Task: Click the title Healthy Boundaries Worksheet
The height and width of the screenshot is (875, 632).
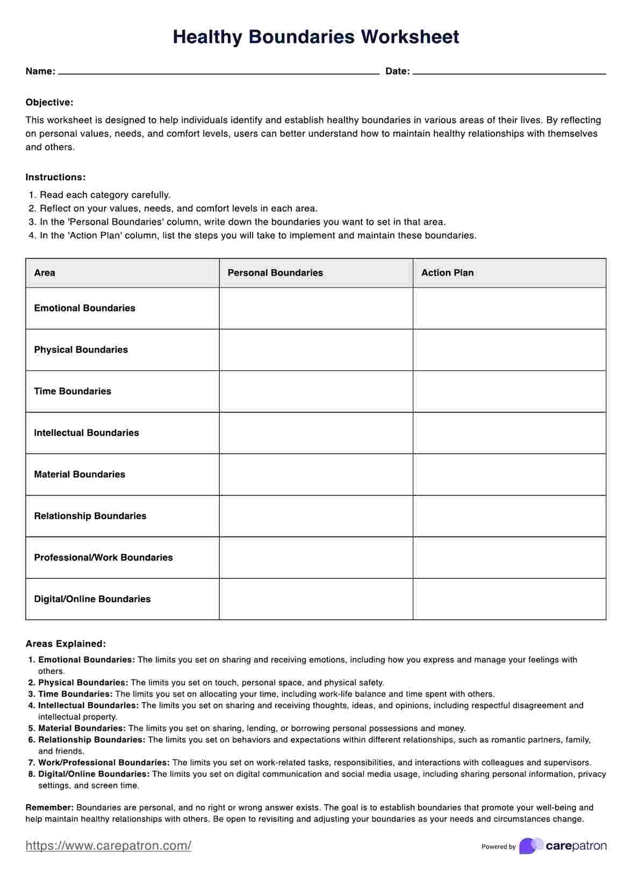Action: click(316, 37)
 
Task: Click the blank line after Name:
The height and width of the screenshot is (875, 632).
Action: click(218, 72)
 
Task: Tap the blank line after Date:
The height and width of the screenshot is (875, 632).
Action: click(509, 72)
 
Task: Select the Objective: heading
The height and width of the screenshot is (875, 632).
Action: click(49, 103)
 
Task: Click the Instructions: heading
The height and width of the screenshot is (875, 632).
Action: click(55, 177)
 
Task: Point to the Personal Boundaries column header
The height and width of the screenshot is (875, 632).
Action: click(275, 273)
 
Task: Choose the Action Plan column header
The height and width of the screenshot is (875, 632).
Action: click(447, 273)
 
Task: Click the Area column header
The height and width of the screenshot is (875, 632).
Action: click(45, 273)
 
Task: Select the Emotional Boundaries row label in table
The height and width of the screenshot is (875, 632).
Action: click(84, 308)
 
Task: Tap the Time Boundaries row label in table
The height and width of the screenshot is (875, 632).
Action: click(73, 391)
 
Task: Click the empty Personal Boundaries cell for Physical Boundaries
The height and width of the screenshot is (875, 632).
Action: click(316, 350)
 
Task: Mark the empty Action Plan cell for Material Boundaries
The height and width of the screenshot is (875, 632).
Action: click(509, 475)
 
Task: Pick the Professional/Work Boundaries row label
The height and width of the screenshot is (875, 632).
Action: click(103, 558)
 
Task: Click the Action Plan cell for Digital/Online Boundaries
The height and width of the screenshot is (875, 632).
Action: click(509, 599)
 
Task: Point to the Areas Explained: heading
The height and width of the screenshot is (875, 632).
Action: click(66, 644)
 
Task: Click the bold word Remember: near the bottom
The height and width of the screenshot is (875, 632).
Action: click(49, 807)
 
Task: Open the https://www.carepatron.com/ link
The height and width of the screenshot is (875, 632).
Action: click(108, 845)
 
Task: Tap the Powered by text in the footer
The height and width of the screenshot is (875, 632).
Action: click(498, 847)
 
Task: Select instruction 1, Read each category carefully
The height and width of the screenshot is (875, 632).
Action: click(105, 195)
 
